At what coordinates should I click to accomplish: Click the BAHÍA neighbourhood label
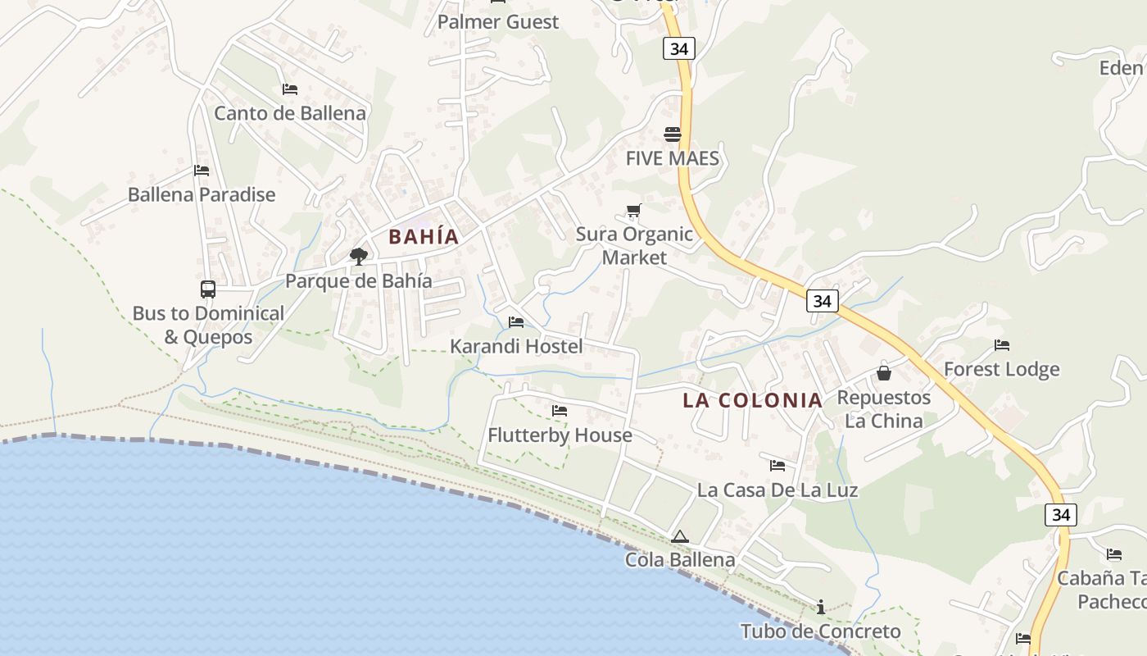[424, 237]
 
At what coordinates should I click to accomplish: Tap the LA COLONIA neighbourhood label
[753, 400]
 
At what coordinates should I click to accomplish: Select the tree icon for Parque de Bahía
[358, 257]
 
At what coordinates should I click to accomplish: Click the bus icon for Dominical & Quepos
[208, 289]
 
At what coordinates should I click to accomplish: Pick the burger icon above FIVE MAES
[673, 134]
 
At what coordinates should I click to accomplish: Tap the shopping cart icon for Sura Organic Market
[633, 211]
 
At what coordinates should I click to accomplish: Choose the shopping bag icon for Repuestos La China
[884, 373]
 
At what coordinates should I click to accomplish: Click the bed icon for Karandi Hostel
[516, 322]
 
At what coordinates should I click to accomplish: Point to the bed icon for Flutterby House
[560, 411]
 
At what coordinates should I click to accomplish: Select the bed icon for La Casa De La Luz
[778, 466]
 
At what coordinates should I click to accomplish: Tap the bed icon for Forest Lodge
[1001, 345]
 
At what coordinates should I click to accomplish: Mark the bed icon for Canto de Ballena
[289, 89]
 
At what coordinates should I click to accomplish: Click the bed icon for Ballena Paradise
[202, 171]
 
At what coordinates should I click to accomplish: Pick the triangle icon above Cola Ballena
[679, 537]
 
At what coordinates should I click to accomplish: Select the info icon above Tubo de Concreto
[821, 607]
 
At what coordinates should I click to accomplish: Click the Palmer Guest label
[498, 22]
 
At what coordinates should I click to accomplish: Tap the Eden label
[1122, 68]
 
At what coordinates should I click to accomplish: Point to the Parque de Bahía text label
[359, 280]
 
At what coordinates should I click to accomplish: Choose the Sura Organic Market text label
[634, 245]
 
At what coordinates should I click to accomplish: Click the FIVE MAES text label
[673, 158]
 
